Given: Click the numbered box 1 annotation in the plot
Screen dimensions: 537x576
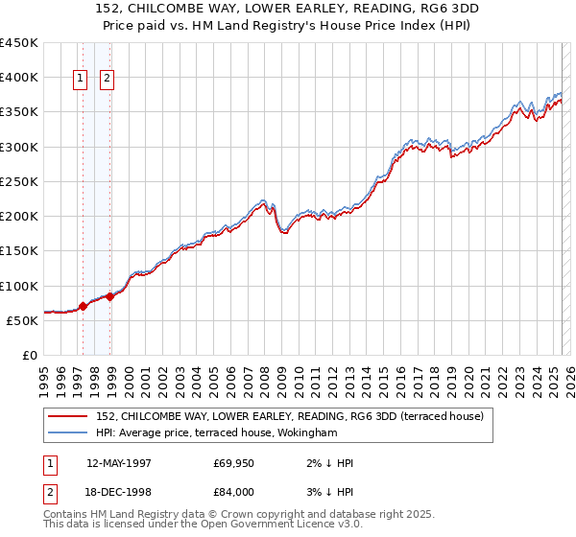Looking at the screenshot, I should [80, 80].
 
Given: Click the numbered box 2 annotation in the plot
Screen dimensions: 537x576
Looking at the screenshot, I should [107, 80].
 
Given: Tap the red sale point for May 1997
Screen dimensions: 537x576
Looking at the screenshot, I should [83, 307].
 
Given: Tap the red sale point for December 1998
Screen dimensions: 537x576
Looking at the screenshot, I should [110, 296].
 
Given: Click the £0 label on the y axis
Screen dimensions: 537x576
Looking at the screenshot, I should [31, 355].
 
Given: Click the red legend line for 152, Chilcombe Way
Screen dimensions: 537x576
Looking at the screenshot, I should [69, 416].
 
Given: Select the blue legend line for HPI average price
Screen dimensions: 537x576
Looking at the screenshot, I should [69, 433].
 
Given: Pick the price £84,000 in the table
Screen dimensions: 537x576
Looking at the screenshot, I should [233, 491].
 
